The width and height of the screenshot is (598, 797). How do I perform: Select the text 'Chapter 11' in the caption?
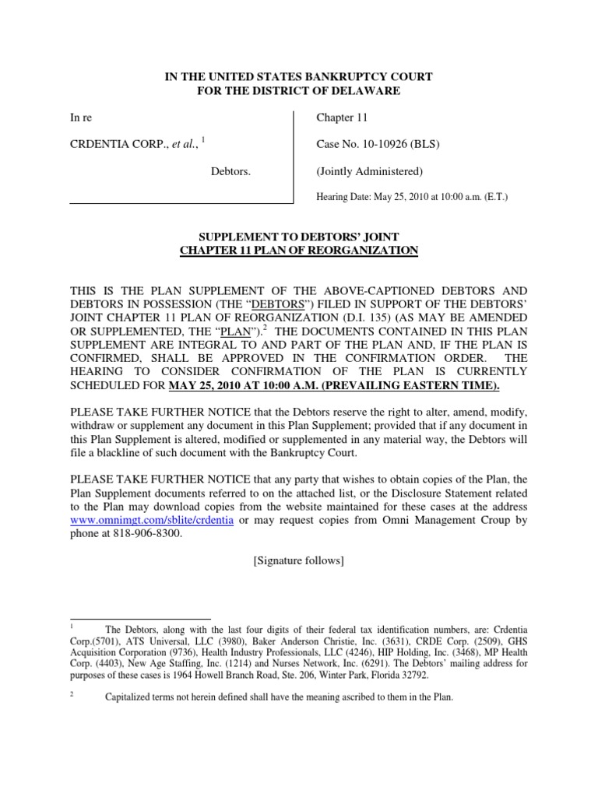(x=340, y=118)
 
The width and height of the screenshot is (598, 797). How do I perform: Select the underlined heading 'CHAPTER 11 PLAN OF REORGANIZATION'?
(x=299, y=250)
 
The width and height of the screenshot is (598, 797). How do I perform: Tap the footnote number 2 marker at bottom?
(x=73, y=695)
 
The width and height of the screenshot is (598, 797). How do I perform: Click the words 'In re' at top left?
(x=81, y=118)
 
